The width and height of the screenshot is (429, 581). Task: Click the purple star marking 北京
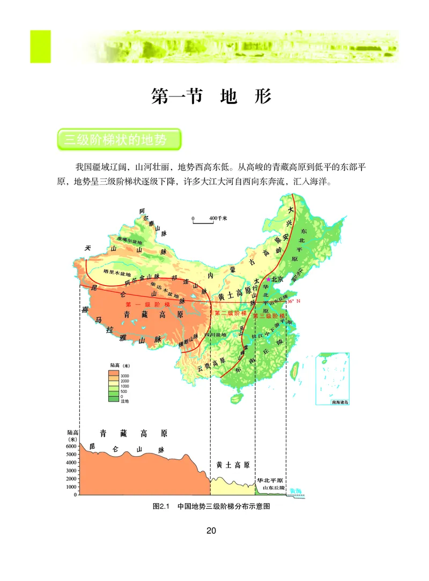click(x=269, y=279)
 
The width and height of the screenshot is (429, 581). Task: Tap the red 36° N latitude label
click(x=294, y=302)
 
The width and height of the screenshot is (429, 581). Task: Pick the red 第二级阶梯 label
click(x=231, y=313)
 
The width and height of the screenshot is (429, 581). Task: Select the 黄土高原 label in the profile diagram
click(x=233, y=465)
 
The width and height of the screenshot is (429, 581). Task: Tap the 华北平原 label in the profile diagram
click(x=270, y=480)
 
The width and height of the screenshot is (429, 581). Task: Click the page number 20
click(x=211, y=531)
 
